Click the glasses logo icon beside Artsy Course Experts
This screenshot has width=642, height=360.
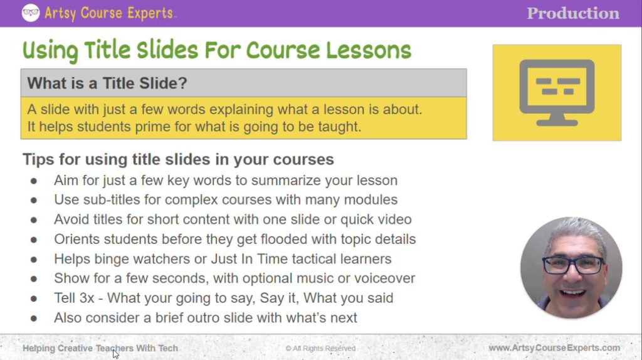[x=30, y=13]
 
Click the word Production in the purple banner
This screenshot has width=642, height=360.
[x=572, y=13]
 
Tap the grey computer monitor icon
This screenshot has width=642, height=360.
[x=557, y=92]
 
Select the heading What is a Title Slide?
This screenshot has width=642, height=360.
[x=107, y=83]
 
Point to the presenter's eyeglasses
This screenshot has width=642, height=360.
[x=573, y=265]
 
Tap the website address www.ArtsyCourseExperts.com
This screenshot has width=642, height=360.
[x=554, y=347]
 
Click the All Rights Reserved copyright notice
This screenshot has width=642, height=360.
[x=320, y=348]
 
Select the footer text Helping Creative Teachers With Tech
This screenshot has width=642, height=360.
[x=100, y=348]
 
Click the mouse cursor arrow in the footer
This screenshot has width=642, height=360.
[x=115, y=354]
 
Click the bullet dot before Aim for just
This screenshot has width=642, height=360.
[x=34, y=181]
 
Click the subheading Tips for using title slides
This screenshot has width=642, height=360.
[x=178, y=159]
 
